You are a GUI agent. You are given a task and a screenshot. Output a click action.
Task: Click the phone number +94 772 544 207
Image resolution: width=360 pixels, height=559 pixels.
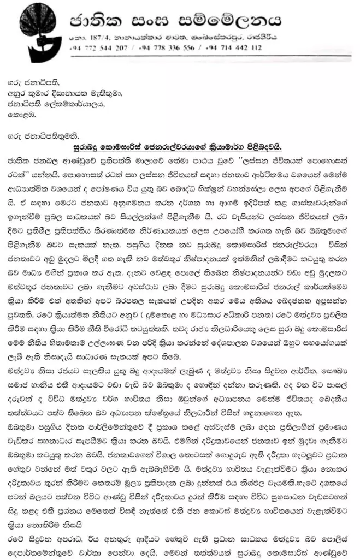pyautogui.click(x=98, y=47)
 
